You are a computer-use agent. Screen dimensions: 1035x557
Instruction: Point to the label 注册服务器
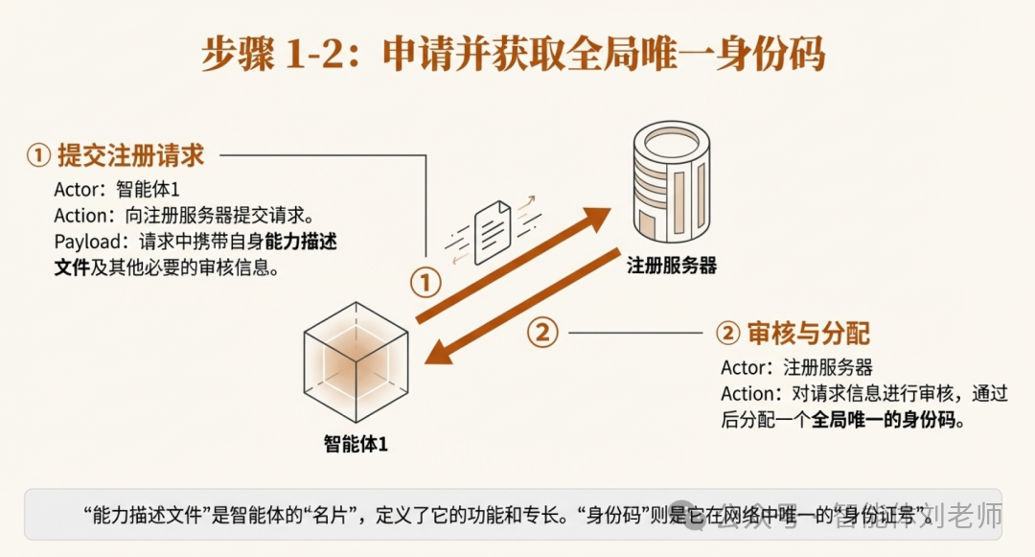(672, 266)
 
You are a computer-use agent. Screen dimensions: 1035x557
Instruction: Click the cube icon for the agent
(356, 361)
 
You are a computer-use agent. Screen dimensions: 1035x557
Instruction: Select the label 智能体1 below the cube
(356, 443)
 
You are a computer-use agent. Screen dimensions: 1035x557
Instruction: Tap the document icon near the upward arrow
(491, 228)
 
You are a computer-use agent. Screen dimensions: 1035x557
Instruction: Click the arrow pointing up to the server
(517, 264)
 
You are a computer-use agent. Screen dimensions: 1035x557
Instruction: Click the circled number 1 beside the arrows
(425, 283)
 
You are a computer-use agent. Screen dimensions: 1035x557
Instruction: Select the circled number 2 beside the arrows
(542, 332)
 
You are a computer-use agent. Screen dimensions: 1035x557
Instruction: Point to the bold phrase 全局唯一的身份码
(886, 420)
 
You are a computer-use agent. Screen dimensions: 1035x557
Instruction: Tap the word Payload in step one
(84, 243)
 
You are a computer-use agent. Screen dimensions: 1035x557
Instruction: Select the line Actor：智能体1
(116, 189)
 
